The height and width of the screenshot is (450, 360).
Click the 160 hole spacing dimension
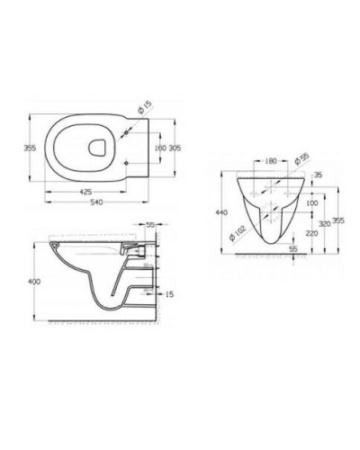[x=160, y=148]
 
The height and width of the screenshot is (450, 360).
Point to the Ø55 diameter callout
[x=303, y=158]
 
